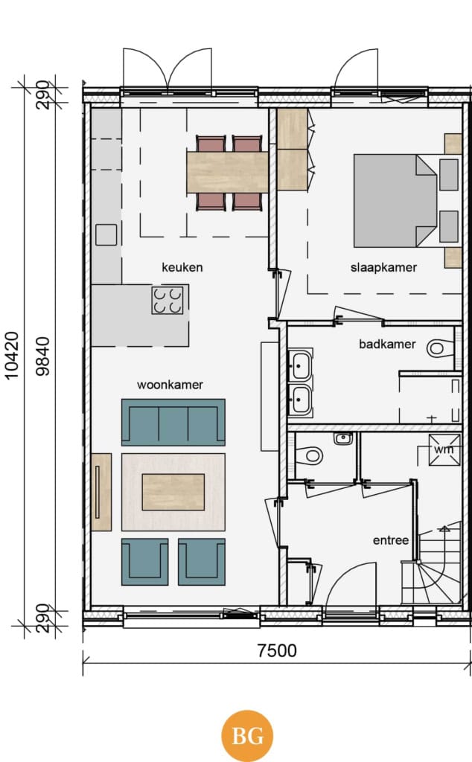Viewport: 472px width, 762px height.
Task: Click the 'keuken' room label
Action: pos(182,267)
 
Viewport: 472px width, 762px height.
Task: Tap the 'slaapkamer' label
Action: pos(383,267)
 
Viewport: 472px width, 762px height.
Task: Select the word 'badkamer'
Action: pos(387,344)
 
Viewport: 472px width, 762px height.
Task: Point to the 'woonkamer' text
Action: pos(170,385)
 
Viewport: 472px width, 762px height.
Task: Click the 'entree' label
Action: pos(390,540)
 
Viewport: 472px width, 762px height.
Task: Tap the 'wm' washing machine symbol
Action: pos(444,449)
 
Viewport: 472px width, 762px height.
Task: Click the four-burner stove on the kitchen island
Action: pos(168,300)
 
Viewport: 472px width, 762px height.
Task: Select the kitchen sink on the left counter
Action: pos(106,234)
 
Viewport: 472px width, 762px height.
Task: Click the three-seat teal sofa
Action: pos(173,423)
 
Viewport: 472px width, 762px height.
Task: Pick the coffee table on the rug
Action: pos(173,492)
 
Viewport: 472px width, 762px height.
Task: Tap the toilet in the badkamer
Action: pos(440,348)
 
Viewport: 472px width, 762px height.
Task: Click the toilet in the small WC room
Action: pos(309,456)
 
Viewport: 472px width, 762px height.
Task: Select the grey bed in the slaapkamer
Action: pos(395,201)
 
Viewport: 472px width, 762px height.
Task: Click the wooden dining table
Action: pos(228,172)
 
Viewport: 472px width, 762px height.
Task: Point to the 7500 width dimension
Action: pos(277,650)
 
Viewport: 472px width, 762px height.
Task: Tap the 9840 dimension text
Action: pos(42,356)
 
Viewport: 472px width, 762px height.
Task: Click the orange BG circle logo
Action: pos(247,736)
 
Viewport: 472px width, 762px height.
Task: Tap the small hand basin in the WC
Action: pos(343,438)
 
